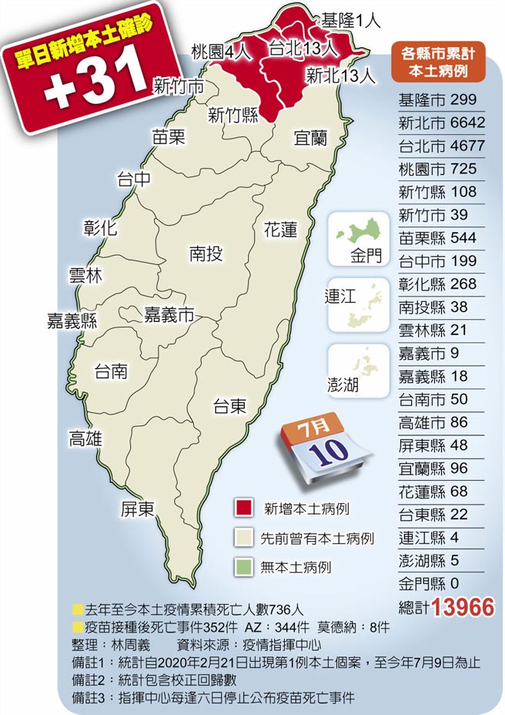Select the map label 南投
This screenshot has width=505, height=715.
click(x=206, y=253)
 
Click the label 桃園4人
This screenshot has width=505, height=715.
click(x=221, y=52)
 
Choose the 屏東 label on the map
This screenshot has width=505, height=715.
click(x=138, y=509)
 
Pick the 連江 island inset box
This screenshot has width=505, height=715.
click(x=359, y=304)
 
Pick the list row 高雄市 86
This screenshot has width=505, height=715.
click(x=438, y=421)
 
